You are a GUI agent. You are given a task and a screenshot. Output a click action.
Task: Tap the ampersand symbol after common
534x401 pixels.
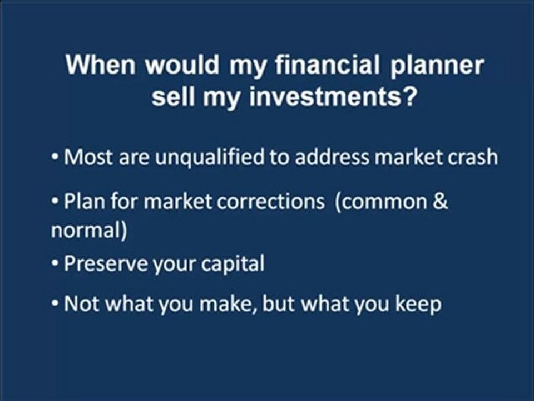440,201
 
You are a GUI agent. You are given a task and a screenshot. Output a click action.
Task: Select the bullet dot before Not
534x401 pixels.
56,305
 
